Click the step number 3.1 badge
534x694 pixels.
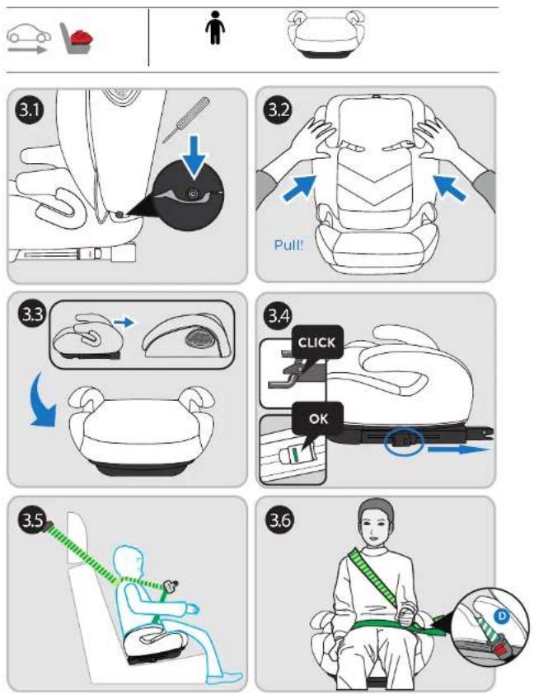coord(30,109)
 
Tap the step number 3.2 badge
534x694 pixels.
coord(278,109)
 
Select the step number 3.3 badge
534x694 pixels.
coord(32,314)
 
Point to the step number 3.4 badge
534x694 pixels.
coord(278,314)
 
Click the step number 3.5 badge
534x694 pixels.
coord(32,519)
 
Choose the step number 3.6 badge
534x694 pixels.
coord(280,519)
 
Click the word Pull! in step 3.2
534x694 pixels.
coord(288,245)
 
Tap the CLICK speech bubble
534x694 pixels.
coord(317,344)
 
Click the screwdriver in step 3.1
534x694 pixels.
coord(185,119)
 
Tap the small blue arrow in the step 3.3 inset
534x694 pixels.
coord(124,322)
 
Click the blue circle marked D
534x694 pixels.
coord(501,616)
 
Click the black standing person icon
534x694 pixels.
coord(215,27)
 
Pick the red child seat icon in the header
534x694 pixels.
coord(82,39)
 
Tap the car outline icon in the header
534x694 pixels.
coord(28,34)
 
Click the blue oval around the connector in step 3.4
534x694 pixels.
coord(404,441)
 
